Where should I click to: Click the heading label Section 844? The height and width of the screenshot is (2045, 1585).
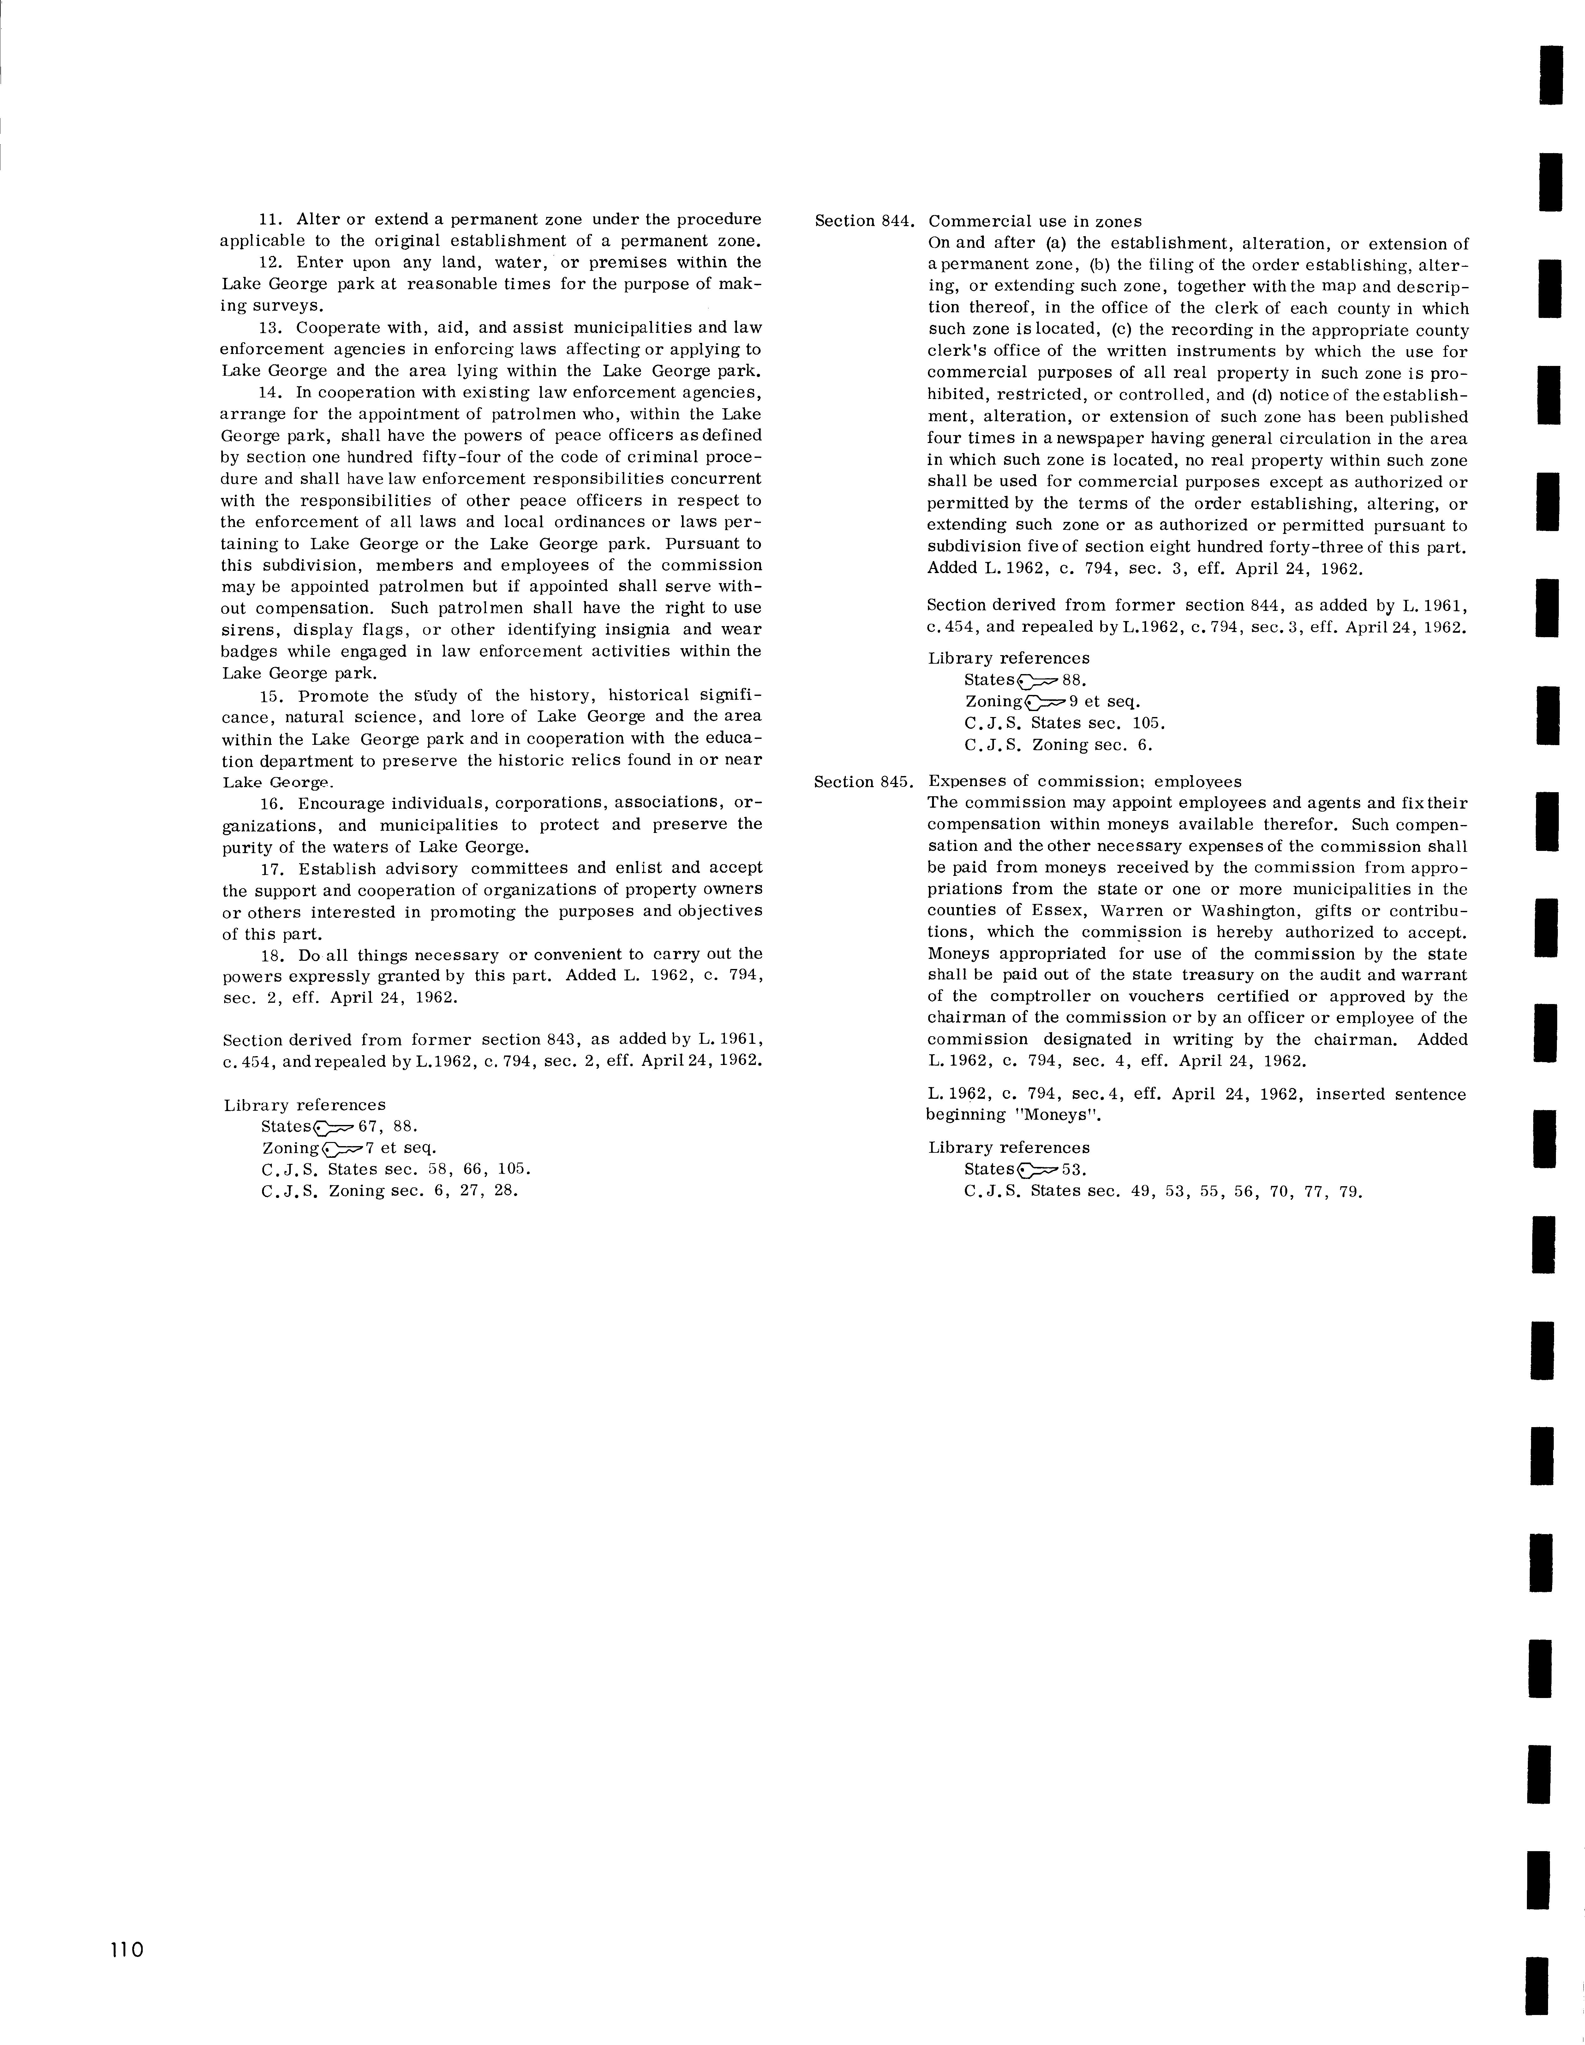[x=863, y=222]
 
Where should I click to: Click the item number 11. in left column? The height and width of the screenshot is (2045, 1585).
[x=272, y=219]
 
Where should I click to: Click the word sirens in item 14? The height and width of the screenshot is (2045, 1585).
[x=246, y=630]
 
